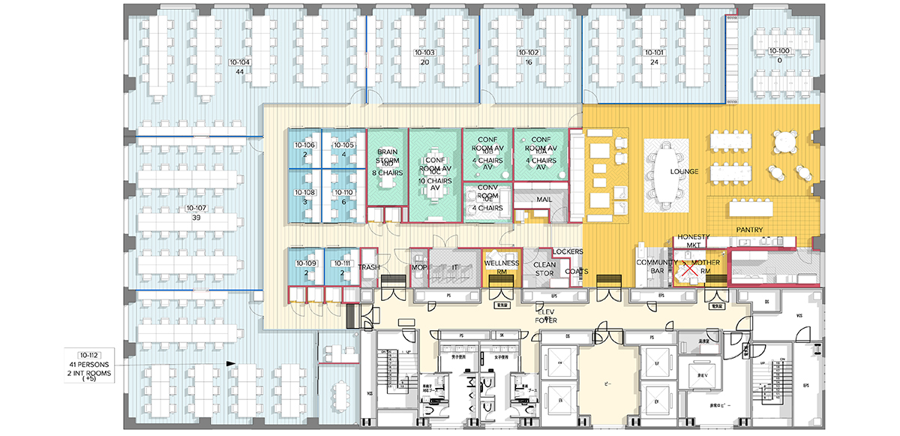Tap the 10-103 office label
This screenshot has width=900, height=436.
tap(424, 53)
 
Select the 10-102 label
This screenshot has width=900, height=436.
tap(529, 53)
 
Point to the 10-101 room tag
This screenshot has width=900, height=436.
tap(654, 53)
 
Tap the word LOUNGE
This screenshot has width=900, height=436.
tap(684, 172)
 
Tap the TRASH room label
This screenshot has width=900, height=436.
tap(368, 267)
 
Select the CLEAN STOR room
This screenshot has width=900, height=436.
tap(544, 269)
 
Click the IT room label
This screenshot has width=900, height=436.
tap(454, 267)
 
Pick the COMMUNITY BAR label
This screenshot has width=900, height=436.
tap(651, 266)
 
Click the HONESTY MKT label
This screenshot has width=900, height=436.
tap(694, 241)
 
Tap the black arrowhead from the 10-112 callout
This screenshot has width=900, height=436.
tap(231, 364)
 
